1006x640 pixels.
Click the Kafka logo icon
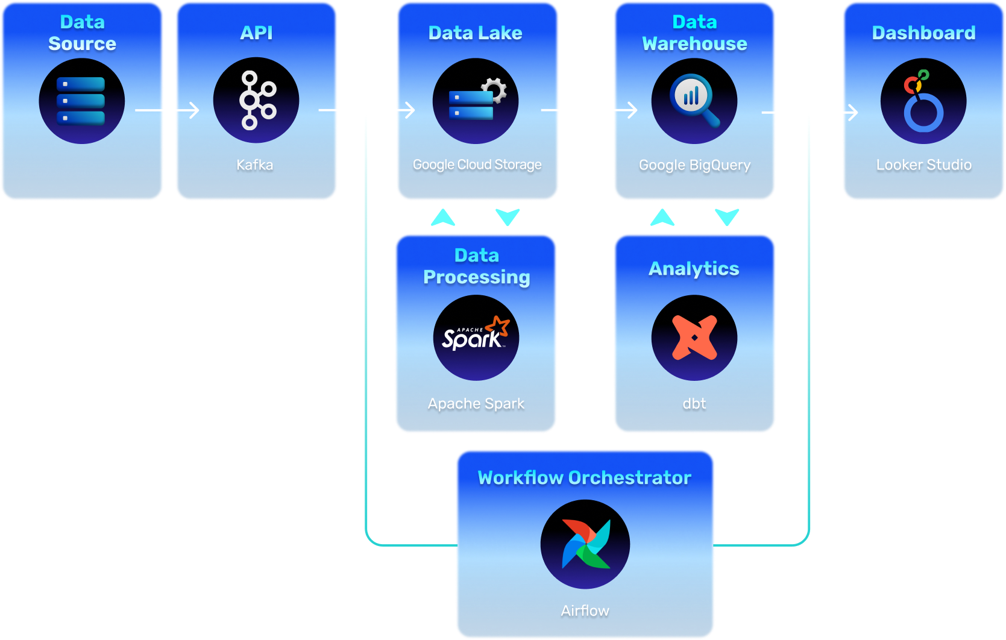tap(256, 101)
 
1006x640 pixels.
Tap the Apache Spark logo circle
tap(476, 337)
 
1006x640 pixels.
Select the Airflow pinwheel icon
tap(585, 544)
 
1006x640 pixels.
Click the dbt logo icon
tap(694, 337)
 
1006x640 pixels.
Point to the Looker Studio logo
tap(923, 101)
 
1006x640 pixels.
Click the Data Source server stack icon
tap(81, 101)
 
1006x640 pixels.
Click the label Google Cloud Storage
tap(477, 165)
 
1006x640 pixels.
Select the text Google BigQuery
tap(694, 165)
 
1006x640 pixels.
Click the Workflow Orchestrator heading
tap(584, 478)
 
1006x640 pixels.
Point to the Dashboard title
tap(923, 33)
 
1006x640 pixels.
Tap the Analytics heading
tap(694, 269)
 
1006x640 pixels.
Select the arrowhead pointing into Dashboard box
tap(854, 112)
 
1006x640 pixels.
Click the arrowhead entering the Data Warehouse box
tap(632, 110)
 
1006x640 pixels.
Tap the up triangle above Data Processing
tap(443, 218)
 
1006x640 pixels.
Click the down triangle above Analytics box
tap(727, 217)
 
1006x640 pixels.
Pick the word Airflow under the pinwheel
tap(585, 610)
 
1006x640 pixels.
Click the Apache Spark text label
tap(476, 404)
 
